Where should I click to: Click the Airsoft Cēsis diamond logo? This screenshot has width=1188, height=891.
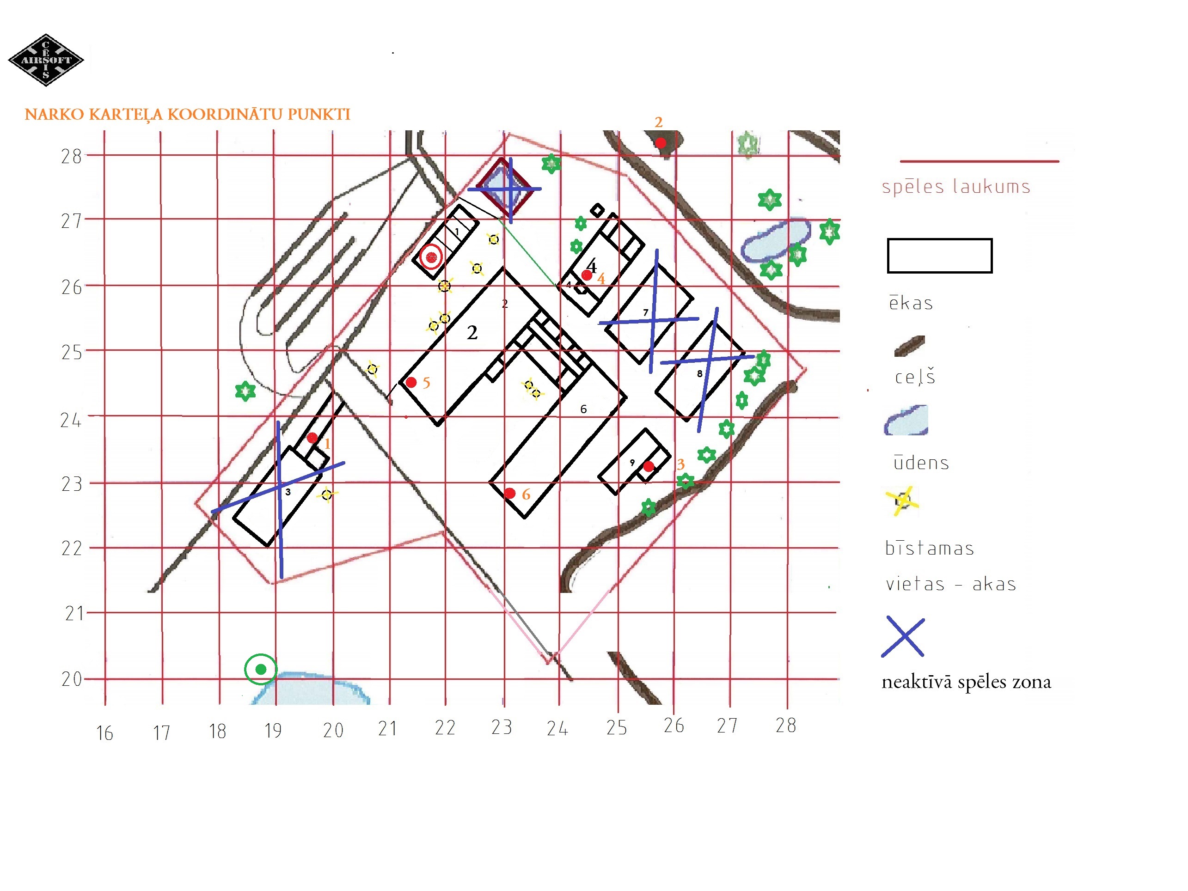pyautogui.click(x=46, y=60)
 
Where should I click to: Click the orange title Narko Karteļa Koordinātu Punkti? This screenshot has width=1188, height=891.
pyautogui.click(x=187, y=115)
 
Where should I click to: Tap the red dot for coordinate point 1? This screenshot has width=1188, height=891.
pyautogui.click(x=312, y=438)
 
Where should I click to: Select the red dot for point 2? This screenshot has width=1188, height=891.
pyautogui.click(x=661, y=143)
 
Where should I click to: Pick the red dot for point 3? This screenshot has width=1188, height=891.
pyautogui.click(x=649, y=466)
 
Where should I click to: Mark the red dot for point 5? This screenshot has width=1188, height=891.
pyautogui.click(x=411, y=382)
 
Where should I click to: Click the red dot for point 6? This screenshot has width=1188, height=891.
pyautogui.click(x=510, y=493)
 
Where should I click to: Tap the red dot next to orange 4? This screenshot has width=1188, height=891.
pyautogui.click(x=587, y=275)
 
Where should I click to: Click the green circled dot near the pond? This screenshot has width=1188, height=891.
pyautogui.click(x=261, y=669)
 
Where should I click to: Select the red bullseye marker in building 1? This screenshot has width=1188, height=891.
pyautogui.click(x=431, y=257)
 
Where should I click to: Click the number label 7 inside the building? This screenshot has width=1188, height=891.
pyautogui.click(x=646, y=312)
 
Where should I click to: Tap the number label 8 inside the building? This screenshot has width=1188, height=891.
pyautogui.click(x=700, y=373)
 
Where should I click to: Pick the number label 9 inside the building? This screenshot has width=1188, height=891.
pyautogui.click(x=632, y=463)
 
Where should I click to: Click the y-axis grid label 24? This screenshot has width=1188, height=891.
pyautogui.click(x=71, y=420)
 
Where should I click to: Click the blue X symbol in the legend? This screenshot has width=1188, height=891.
pyautogui.click(x=903, y=636)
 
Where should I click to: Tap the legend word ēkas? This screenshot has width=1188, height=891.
pyautogui.click(x=911, y=303)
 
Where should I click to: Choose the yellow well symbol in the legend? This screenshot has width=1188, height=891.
pyautogui.click(x=902, y=501)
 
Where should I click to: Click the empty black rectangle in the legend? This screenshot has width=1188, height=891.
pyautogui.click(x=940, y=239)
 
